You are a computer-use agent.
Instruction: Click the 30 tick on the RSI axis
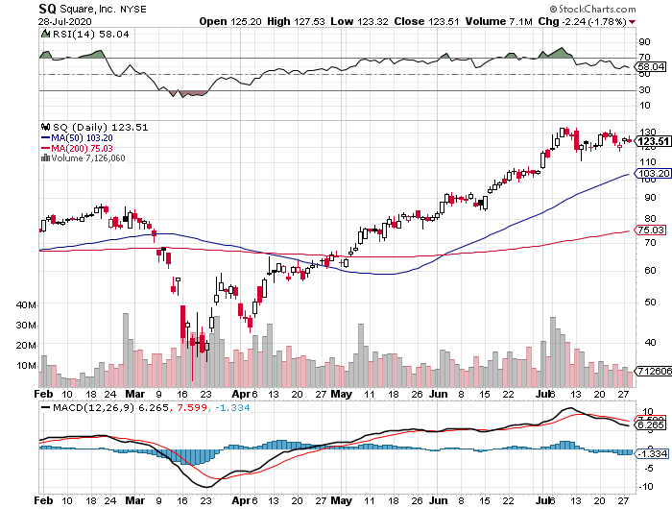[643, 90]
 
